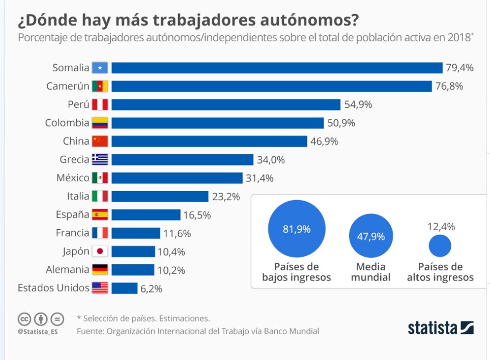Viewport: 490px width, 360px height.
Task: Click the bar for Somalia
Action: click(x=277, y=68)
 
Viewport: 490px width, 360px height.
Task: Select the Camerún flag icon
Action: click(x=100, y=86)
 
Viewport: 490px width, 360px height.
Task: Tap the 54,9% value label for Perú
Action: click(x=358, y=104)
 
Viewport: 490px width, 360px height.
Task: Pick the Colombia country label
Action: click(x=67, y=123)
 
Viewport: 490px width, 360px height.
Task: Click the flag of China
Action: click(x=100, y=141)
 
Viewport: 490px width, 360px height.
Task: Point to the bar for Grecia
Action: click(x=182, y=159)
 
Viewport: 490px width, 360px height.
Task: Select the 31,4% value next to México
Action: click(x=260, y=178)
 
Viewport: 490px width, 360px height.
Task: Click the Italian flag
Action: click(x=100, y=196)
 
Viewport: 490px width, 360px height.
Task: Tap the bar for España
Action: click(x=146, y=214)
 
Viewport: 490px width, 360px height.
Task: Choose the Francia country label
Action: click(x=72, y=233)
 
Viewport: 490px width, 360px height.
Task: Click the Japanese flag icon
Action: click(x=100, y=251)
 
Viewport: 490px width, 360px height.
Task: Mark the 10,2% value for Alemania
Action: click(x=171, y=269)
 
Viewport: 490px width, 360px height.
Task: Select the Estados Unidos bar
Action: click(x=124, y=288)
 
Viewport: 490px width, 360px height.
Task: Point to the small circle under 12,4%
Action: click(x=440, y=246)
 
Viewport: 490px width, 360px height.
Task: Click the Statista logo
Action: click(x=441, y=328)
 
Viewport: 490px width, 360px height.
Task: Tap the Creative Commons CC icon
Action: click(x=24, y=319)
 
